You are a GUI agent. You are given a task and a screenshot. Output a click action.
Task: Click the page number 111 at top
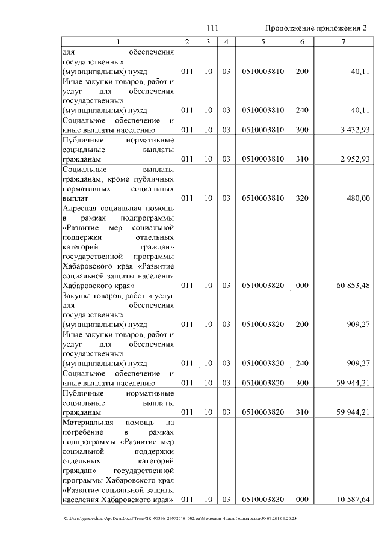pos(212,28)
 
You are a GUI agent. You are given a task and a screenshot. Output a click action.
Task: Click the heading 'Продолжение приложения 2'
pos(316,28)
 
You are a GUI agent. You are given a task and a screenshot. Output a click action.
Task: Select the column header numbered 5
pos(263,42)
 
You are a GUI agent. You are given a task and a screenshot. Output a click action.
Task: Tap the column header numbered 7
pos(343,42)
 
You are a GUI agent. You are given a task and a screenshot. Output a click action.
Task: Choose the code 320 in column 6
pos(302,198)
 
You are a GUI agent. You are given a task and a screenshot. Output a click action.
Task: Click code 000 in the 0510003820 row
pos(302,285)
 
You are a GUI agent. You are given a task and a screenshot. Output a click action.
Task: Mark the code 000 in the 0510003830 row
pos(302,499)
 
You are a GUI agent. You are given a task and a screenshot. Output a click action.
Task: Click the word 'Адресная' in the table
pos(79,208)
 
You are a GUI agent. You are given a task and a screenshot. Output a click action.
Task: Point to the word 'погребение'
pos(82,432)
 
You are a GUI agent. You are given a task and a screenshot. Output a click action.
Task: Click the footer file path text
pos(181,518)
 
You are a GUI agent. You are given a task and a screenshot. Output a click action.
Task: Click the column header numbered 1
pos(118,42)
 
